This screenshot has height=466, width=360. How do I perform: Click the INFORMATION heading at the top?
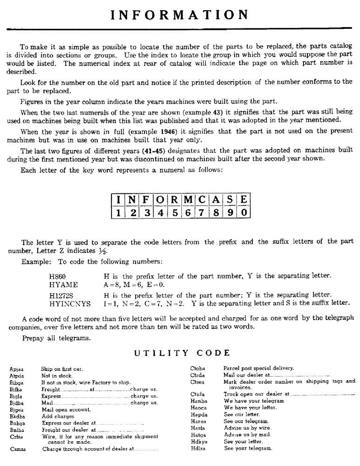(x=180, y=14)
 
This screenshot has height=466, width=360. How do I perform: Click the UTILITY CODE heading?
(x=182, y=353)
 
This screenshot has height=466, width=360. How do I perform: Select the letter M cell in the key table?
(x=187, y=201)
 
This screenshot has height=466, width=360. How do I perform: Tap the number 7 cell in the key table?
(x=201, y=213)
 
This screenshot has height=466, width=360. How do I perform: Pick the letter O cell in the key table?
(x=160, y=201)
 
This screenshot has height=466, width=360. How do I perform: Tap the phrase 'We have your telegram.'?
(x=254, y=401)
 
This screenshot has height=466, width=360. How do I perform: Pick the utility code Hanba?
(x=199, y=401)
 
